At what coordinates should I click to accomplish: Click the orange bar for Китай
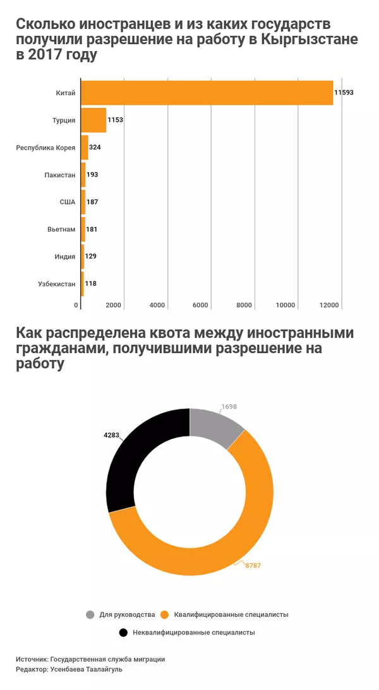click(x=207, y=93)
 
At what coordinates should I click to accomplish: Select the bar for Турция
click(x=93, y=120)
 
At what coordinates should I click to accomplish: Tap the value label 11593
click(x=344, y=93)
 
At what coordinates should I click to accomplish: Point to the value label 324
click(x=95, y=148)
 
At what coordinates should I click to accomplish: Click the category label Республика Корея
click(x=45, y=148)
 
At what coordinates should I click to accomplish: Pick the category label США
click(x=68, y=202)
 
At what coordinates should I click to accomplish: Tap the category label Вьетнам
click(x=61, y=229)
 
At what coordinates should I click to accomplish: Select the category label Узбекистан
click(x=57, y=284)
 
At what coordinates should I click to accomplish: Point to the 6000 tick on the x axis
click(x=200, y=305)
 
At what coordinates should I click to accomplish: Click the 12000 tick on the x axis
click(x=330, y=305)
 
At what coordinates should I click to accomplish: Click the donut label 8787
click(x=253, y=566)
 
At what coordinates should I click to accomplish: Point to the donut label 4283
click(x=111, y=435)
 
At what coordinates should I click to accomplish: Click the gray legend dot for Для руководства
click(x=89, y=614)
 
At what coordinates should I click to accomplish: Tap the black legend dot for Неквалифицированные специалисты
click(x=121, y=632)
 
